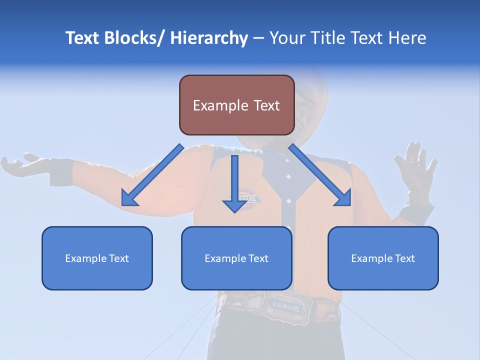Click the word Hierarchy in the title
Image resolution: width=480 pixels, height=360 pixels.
pyautogui.click(x=209, y=38)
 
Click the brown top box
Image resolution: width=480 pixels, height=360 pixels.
pyautogui.click(x=236, y=105)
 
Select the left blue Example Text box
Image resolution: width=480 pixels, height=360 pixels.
pyautogui.click(x=97, y=258)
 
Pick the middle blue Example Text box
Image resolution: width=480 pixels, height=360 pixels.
pyautogui.click(x=236, y=258)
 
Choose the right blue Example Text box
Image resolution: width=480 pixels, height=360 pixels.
pyautogui.click(x=383, y=258)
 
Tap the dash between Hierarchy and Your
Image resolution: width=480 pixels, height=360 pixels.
pyautogui.click(x=258, y=39)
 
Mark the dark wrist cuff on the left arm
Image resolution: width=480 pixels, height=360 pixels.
pyautogui.click(x=61, y=171)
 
